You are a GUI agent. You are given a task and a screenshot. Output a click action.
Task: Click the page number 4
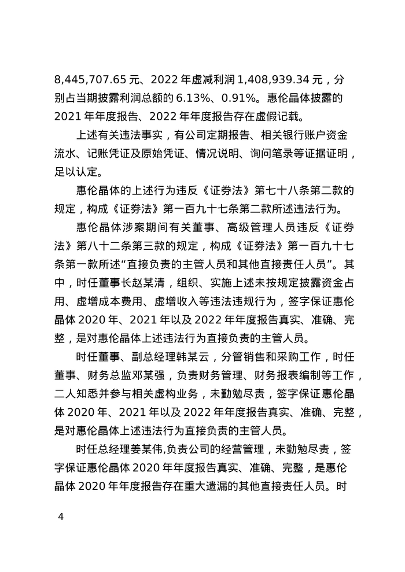(x=60, y=516)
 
